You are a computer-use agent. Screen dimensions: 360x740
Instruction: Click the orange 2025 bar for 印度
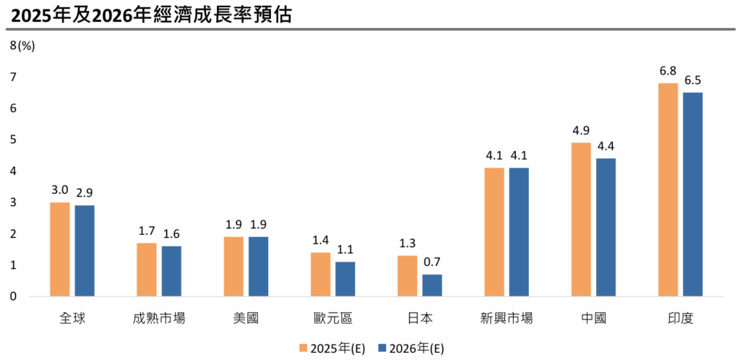[x=668, y=189]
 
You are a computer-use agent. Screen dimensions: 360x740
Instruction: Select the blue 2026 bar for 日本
[x=432, y=285]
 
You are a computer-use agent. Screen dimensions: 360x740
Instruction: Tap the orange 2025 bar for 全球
[x=60, y=249]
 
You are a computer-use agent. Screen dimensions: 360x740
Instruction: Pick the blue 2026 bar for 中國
[x=606, y=227]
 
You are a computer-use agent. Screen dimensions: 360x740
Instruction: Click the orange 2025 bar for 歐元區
[x=320, y=274]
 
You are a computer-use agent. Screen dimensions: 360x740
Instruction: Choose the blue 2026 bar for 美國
[x=258, y=266]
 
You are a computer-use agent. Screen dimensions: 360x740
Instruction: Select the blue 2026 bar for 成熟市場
[x=171, y=271]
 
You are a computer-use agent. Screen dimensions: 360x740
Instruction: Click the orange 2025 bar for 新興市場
[x=494, y=232]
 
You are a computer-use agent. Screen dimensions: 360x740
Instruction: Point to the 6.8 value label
[x=668, y=71]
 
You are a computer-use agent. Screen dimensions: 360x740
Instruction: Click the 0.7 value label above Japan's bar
[x=432, y=262]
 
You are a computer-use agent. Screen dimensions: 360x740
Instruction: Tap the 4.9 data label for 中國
[x=581, y=131]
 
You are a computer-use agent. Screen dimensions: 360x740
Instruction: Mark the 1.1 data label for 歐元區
[x=345, y=250]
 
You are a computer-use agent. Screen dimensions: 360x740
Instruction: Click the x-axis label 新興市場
[x=507, y=318]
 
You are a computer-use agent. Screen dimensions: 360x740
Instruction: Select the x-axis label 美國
[x=246, y=318]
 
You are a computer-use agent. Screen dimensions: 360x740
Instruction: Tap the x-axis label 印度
[x=680, y=318]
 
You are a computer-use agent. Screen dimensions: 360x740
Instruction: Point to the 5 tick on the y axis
[x=13, y=140]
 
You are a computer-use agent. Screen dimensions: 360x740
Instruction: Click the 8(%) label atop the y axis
[x=22, y=46]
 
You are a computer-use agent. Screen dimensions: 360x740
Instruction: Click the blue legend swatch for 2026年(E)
[x=382, y=348]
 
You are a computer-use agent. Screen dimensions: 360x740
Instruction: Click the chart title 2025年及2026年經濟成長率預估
[x=148, y=14]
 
